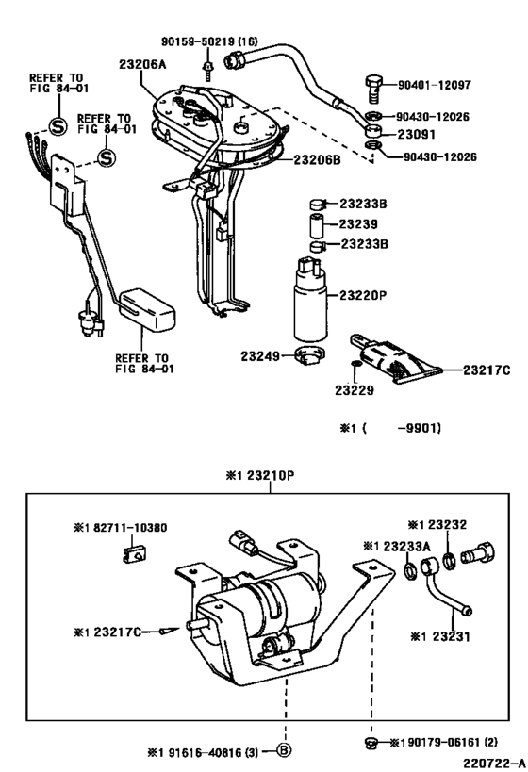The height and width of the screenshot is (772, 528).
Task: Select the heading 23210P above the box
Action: click(x=260, y=475)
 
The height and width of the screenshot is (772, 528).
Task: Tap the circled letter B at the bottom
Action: click(x=282, y=750)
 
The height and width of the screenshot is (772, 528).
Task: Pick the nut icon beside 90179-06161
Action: click(x=374, y=744)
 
